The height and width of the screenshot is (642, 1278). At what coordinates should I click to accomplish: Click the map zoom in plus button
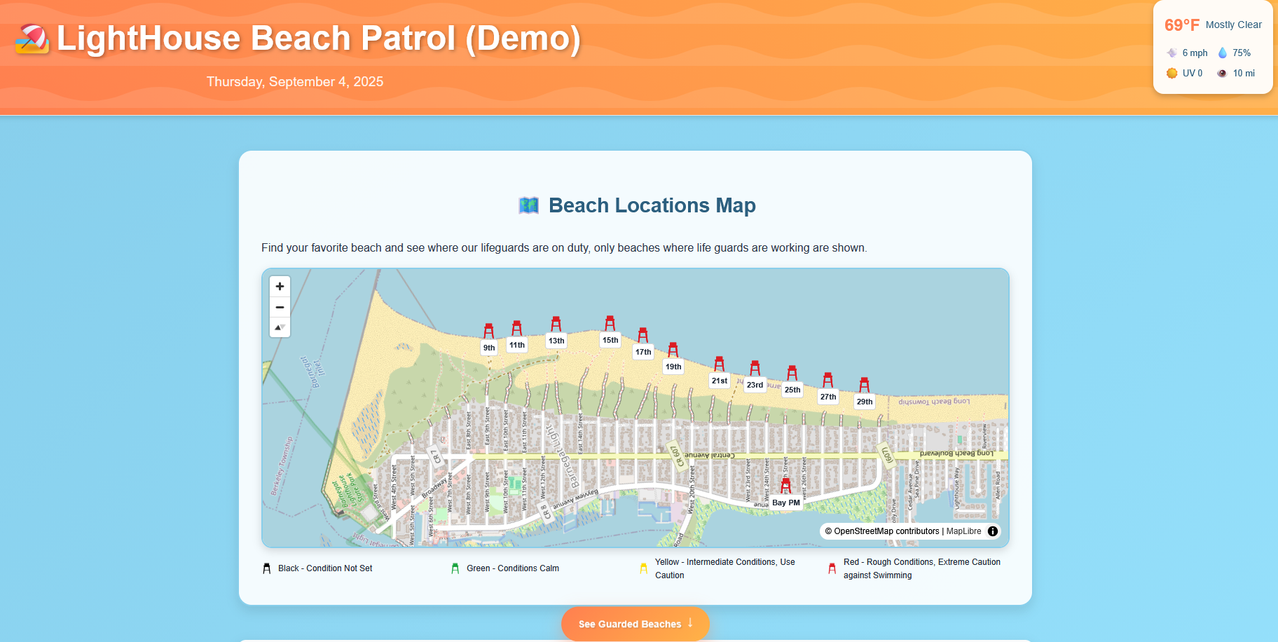point(280,286)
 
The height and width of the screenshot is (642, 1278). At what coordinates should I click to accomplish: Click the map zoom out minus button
point(280,307)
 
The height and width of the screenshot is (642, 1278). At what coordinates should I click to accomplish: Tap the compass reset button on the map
point(280,327)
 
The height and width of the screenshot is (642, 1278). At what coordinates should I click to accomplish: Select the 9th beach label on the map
point(489,348)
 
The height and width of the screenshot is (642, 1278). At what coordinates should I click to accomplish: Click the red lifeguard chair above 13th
point(556,324)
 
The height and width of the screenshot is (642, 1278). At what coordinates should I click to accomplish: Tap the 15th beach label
point(610,340)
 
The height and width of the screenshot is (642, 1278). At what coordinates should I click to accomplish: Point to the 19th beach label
point(673,367)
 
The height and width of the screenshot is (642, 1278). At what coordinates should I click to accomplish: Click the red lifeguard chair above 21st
point(719,364)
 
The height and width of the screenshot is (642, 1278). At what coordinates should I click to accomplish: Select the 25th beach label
point(792,390)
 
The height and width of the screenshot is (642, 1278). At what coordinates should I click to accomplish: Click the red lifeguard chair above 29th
point(865,385)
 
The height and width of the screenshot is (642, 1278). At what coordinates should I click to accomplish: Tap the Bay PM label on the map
point(785,503)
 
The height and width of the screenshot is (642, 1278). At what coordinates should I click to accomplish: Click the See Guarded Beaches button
point(635,624)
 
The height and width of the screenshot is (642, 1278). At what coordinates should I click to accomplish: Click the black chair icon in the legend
point(267,568)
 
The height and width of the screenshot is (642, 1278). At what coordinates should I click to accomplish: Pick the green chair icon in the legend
point(455,568)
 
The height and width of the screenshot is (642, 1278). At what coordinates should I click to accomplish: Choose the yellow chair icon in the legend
point(644,568)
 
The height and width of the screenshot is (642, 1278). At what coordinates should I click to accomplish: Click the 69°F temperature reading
point(1181,25)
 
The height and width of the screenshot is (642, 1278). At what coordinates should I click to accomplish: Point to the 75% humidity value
point(1242,53)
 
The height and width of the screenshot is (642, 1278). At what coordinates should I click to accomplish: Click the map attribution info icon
point(993,531)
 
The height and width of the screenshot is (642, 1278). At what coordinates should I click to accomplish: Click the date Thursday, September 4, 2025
point(295,81)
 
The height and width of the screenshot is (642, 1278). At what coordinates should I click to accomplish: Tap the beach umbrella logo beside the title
point(32,39)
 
